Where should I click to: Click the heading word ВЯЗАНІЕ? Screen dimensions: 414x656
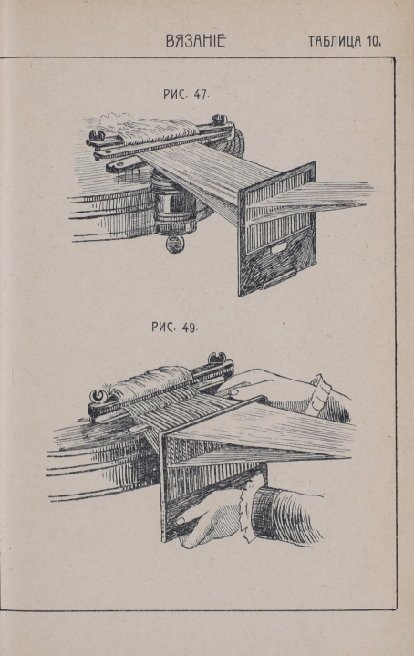pos(196,40)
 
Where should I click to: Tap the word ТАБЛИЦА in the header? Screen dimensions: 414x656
pos(335,41)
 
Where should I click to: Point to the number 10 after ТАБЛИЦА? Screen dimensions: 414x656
pos(374,41)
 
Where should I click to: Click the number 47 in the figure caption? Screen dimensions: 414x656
pos(201,95)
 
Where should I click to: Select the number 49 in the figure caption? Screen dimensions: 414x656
pos(189,328)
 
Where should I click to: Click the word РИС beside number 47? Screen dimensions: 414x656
pos(174,95)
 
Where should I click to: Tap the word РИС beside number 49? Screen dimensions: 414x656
pos(162,327)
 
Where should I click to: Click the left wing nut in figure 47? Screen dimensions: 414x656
pos(97,136)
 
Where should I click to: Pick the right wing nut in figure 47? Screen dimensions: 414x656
pos(219,120)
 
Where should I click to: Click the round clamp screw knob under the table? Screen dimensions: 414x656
pos(175,244)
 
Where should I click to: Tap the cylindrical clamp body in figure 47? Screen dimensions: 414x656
pos(173,205)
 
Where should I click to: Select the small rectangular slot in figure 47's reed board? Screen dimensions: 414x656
pos(278,249)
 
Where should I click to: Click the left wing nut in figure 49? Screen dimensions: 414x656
pos(98,395)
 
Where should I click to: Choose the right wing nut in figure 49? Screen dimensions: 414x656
pos(217,359)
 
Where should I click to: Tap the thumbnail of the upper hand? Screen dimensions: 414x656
pos(233,392)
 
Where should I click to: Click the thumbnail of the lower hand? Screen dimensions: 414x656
pos(181,521)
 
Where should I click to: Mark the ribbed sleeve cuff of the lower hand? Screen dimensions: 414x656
pos(285,516)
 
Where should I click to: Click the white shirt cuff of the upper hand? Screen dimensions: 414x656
pos(318,394)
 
